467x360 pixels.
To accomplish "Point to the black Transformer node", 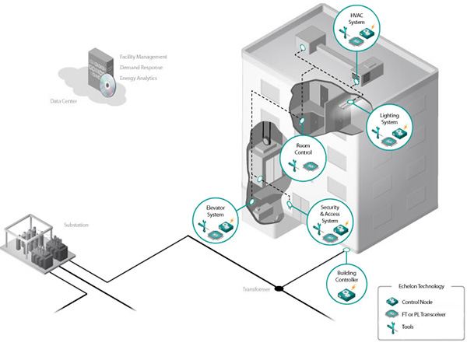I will (x=278, y=289).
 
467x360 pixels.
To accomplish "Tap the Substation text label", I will (x=76, y=225).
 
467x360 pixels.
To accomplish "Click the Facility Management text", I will (x=146, y=58).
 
